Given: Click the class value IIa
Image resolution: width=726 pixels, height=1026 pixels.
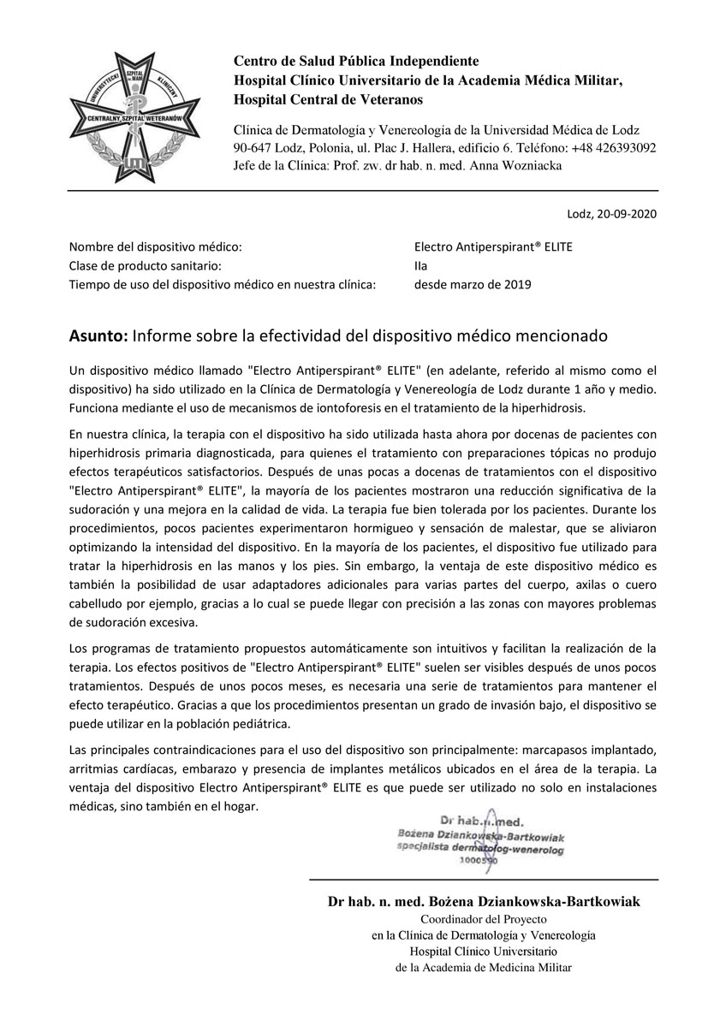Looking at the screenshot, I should coord(421,265).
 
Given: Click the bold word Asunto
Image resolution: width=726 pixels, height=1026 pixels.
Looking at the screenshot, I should coord(97,336).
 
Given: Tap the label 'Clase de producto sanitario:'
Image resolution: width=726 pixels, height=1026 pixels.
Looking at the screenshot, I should coord(146,265).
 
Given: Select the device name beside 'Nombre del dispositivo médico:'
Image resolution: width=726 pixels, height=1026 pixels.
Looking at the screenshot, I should coord(492,246).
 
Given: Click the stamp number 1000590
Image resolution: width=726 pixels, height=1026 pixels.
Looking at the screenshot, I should coord(478,861).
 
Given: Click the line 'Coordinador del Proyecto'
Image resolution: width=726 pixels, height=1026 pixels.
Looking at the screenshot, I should coord(483,919).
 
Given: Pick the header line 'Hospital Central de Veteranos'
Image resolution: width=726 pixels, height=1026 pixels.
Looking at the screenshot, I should coord(329,99).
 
